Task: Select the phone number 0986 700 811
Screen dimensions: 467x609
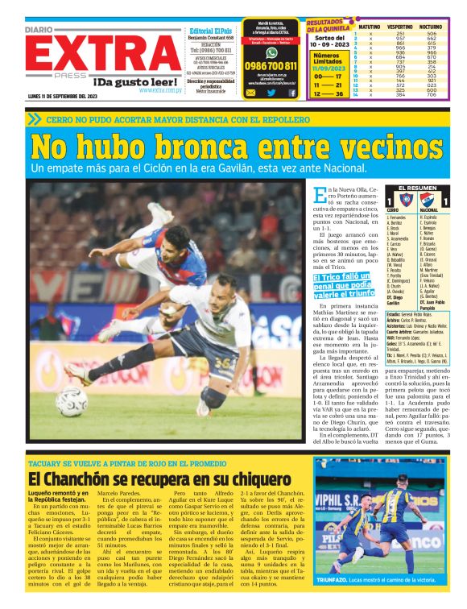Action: coord(271,66)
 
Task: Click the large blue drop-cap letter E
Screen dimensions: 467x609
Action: coord(320,194)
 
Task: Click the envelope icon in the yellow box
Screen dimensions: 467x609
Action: coord(250,92)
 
